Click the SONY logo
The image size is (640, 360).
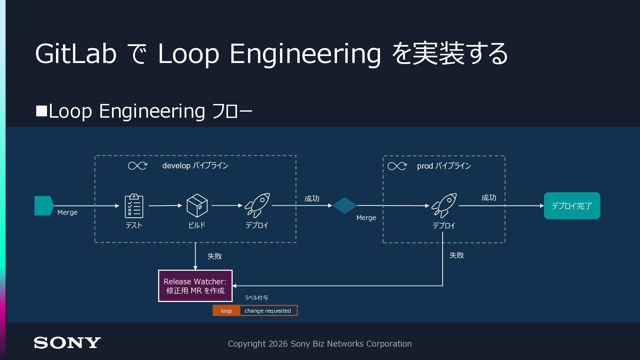point(67,343)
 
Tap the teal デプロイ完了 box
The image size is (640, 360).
point(572,206)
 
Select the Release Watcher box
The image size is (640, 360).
point(195,286)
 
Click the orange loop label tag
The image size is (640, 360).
point(226,311)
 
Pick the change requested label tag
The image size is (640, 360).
point(268,311)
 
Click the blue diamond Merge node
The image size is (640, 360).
point(345,205)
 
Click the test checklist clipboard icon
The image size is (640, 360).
point(134,206)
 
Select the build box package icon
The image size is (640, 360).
point(197,206)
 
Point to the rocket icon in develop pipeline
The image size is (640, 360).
point(257,205)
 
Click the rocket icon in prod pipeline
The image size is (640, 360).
point(444,206)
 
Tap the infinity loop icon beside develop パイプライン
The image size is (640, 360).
point(138,166)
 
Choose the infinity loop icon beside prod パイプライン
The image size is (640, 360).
point(397,166)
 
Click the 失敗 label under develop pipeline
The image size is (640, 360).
point(215,256)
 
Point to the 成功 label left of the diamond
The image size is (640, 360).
point(312,199)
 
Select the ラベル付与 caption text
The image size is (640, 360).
point(256,298)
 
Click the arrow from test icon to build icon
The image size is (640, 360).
point(165,206)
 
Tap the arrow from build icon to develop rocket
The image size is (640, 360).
point(227,205)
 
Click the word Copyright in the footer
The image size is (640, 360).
point(247,344)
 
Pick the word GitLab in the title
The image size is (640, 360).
point(76,54)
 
